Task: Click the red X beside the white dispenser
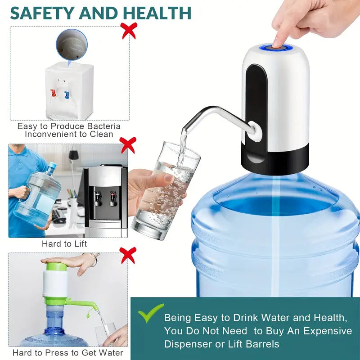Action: point(129,31)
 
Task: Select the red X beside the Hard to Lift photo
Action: point(128,145)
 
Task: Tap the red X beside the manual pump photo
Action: point(128,255)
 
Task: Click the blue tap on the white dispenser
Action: point(67,94)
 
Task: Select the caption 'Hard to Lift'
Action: point(64,244)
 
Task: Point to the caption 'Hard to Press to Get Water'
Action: point(67,353)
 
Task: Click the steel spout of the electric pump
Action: point(211,112)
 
